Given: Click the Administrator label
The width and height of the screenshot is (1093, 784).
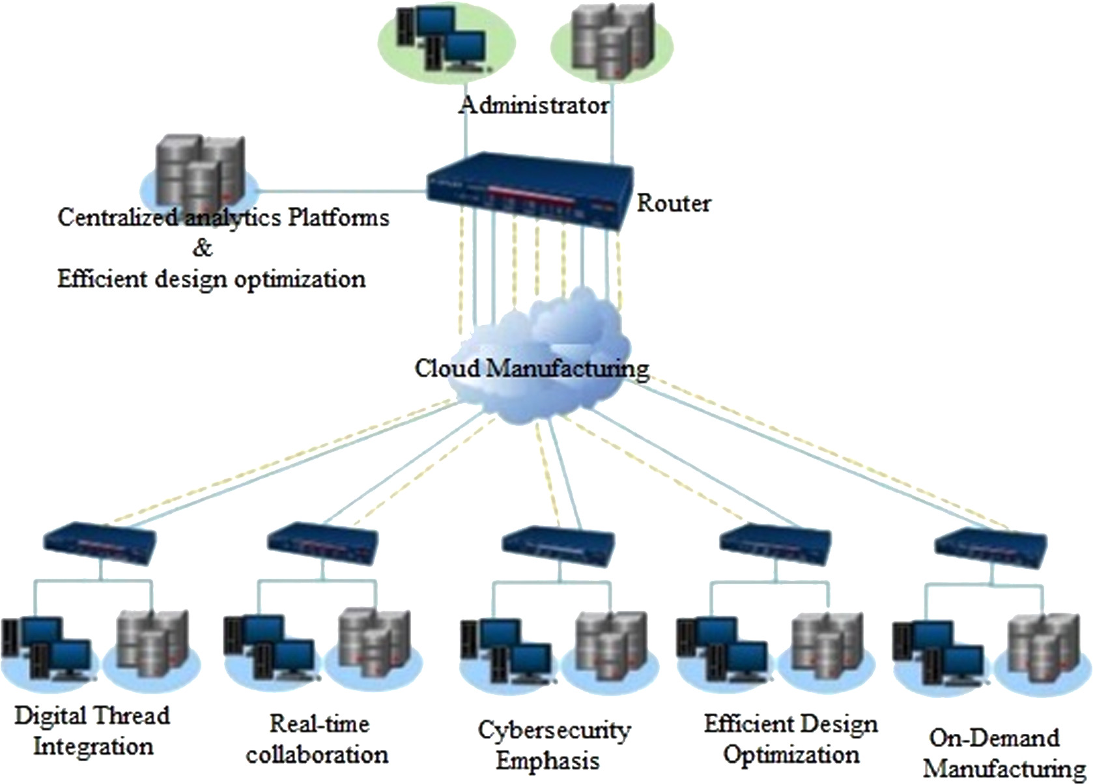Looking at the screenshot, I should coord(533,105).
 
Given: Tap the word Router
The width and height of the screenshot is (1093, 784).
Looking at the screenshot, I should coord(673,203).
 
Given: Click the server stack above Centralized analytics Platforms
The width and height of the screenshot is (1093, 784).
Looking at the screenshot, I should coord(199,171).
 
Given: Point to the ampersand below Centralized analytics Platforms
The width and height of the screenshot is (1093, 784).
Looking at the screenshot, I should coord(203,248).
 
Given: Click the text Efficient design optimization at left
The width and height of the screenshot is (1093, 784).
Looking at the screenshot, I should coord(211,279).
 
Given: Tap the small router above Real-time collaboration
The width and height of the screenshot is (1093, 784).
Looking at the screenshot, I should coord(323,542).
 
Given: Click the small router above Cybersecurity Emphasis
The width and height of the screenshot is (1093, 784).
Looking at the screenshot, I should coord(559,545).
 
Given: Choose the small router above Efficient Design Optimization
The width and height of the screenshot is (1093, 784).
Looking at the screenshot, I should coord(775,545).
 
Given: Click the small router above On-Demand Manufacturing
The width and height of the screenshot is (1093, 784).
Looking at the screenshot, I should coord(991,548).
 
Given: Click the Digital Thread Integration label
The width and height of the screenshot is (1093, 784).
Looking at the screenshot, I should coord(92,731).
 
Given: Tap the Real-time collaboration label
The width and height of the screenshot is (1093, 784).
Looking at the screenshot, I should coord(318,739).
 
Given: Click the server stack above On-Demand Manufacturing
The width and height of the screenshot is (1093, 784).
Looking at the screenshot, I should coord(1042,651).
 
